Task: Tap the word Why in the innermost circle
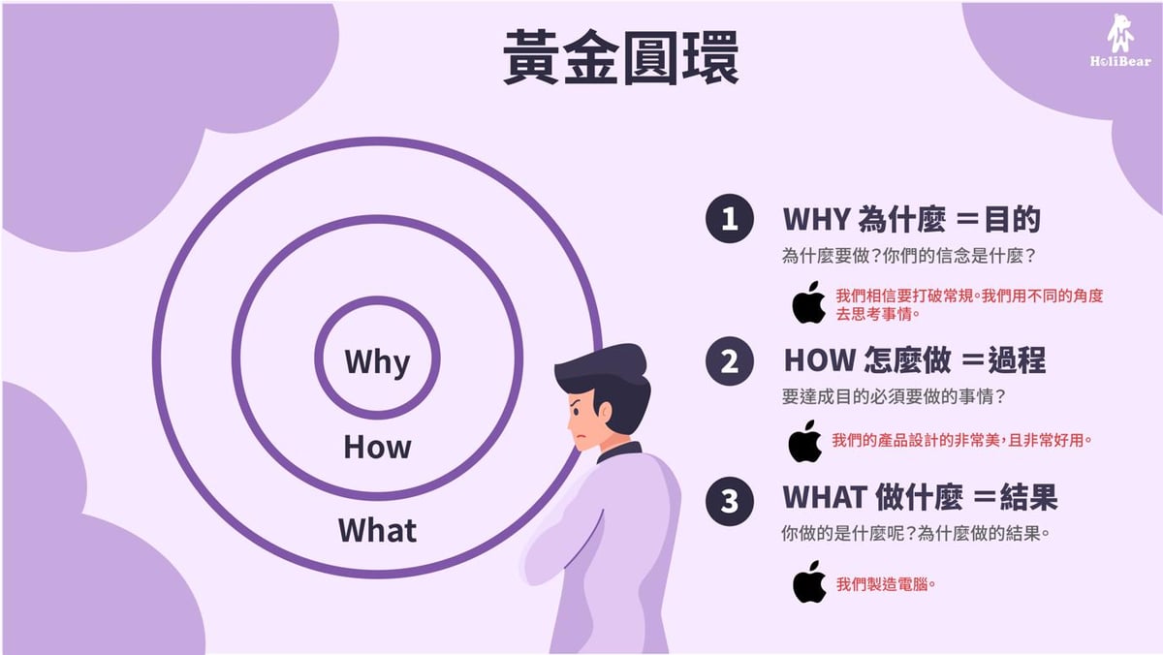click(377, 362)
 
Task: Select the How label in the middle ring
click(377, 448)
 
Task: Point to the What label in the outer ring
click(377, 531)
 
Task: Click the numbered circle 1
click(729, 219)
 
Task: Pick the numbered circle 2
click(729, 361)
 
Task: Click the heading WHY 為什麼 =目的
click(911, 220)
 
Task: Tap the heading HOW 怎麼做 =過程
click(914, 361)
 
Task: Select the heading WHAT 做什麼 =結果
click(919, 498)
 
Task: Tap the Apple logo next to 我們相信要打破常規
click(808, 302)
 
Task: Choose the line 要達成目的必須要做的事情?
click(907, 396)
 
